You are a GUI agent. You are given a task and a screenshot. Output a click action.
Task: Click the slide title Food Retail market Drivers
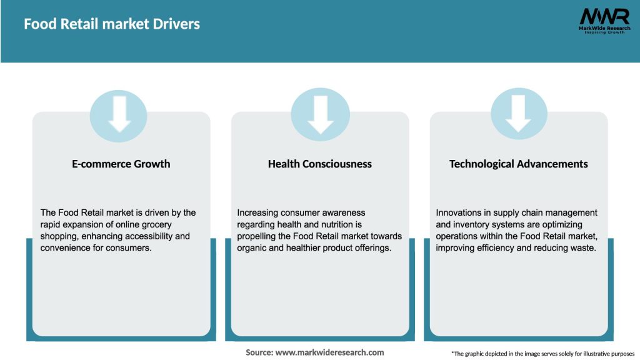coord(112,24)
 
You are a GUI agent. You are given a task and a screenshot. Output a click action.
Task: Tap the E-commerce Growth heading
coord(121,164)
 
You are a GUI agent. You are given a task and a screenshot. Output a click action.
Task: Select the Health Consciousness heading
coord(320,164)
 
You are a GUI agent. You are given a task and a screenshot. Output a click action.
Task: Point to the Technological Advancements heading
coord(519,164)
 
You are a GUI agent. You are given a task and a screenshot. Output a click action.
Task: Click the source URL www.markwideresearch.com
coord(329,352)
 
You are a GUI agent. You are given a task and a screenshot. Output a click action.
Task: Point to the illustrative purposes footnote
coord(542,354)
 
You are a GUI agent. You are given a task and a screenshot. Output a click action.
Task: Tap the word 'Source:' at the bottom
coord(259,352)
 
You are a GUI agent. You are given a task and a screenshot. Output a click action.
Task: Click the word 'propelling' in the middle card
coord(257,236)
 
